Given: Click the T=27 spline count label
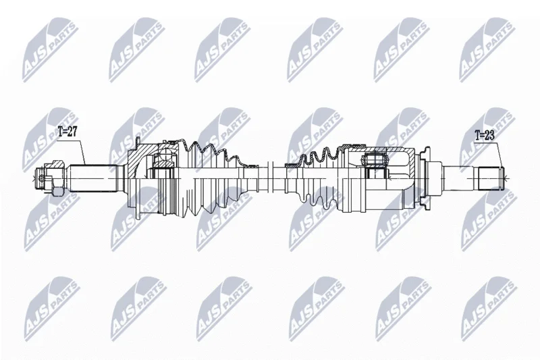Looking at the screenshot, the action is pos(67,132).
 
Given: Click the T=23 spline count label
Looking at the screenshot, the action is pos(485,135).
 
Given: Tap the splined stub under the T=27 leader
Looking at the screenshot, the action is pos(92,178).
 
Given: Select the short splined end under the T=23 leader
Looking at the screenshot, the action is pos(489,178).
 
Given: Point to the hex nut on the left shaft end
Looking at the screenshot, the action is pos(57,178).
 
